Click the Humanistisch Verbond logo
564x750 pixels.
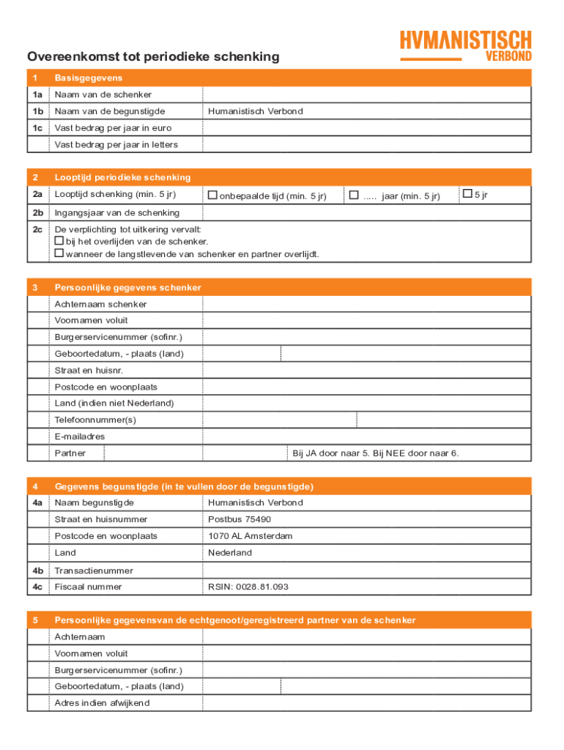465,45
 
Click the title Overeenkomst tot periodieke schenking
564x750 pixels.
153,57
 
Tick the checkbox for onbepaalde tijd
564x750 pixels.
212,196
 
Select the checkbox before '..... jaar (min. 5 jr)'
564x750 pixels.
354,195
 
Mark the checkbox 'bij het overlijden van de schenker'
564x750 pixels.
59,241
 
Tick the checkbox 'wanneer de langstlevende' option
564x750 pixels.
59,253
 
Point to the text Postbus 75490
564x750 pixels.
240,519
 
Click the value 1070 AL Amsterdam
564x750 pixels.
250,536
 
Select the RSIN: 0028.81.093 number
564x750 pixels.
248,587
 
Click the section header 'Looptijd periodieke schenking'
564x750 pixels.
122,177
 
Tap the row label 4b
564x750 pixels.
37,571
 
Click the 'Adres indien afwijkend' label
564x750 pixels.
102,703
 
